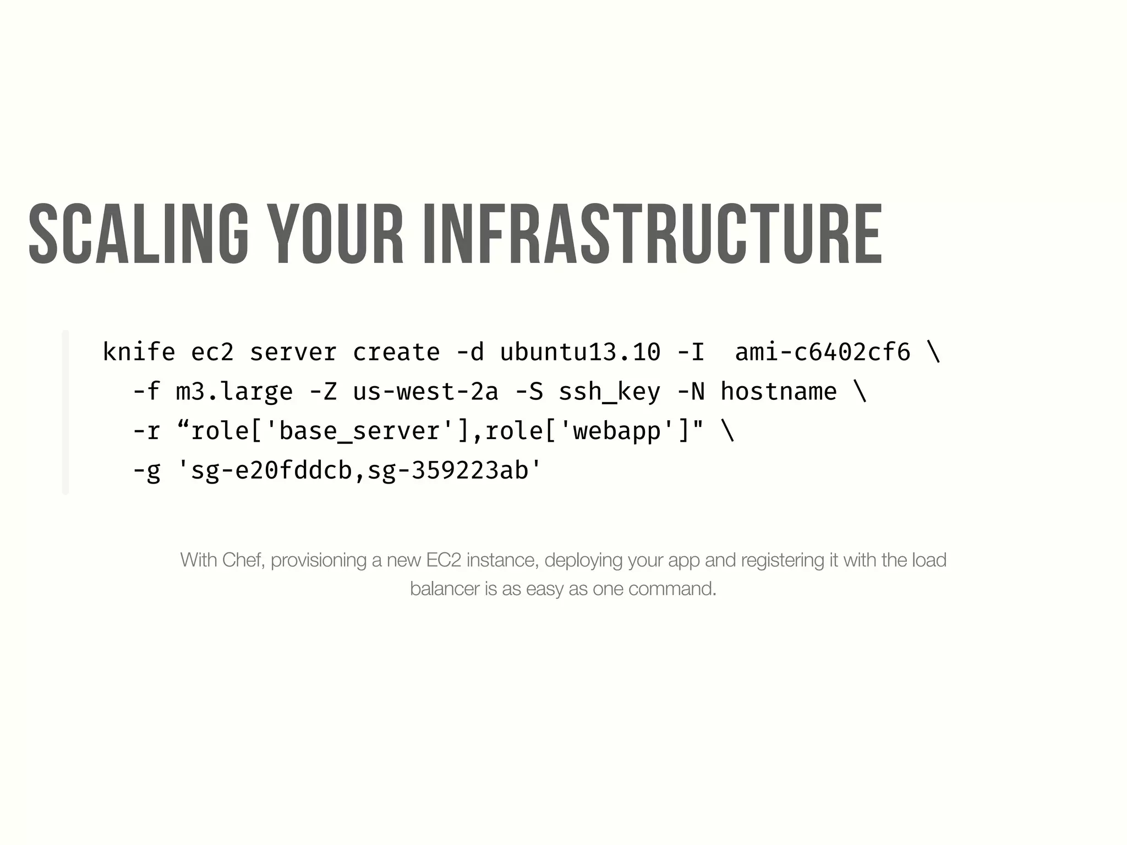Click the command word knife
tap(139, 352)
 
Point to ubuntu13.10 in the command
tap(580, 352)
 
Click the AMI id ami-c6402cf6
tap(823, 352)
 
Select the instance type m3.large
tap(234, 392)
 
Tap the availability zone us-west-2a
tap(425, 392)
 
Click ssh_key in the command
tap(609, 392)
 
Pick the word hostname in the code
tap(779, 392)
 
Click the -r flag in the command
tap(146, 431)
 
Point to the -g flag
tap(146, 471)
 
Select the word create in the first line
tap(396, 352)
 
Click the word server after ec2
tap(293, 352)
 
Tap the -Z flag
tap(322, 392)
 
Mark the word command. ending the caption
tap(672, 589)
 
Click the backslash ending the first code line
tap(934, 352)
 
